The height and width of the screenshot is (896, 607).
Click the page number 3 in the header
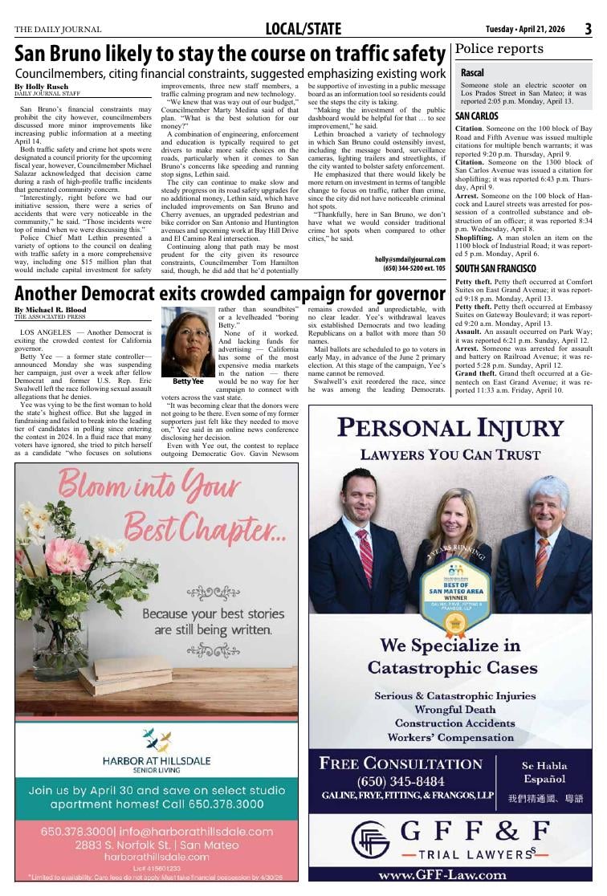point(588,29)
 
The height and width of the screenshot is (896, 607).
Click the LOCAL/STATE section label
point(303,30)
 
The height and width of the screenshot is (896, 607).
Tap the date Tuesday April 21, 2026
point(525,30)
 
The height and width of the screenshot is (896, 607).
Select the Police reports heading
point(499,50)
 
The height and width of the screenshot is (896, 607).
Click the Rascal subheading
point(472,73)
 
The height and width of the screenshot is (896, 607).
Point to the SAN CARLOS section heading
point(477,116)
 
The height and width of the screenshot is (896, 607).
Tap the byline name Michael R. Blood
point(52,309)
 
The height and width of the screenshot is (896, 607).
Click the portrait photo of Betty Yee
point(188,341)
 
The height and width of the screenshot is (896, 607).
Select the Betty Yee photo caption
point(188,382)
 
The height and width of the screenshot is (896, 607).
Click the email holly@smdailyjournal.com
point(409,259)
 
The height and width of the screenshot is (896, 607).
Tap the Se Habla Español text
point(544,772)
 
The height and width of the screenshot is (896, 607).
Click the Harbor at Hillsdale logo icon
point(157,740)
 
